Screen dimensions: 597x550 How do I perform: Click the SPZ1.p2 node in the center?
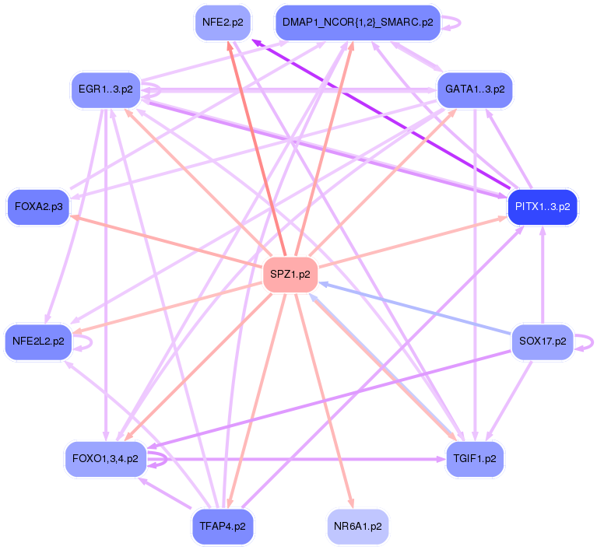coord(290,274)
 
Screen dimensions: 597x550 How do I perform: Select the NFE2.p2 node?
coord(222,23)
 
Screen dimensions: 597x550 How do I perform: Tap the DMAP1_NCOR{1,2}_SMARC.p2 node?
coord(357,23)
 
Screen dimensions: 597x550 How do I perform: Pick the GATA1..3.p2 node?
coord(475,89)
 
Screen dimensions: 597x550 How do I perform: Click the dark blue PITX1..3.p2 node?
coord(543,207)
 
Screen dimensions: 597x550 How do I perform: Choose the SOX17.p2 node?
coord(542,341)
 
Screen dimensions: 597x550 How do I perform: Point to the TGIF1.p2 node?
coord(474,458)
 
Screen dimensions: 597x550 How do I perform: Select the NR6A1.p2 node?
coord(357,526)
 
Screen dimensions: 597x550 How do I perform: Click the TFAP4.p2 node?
coord(223,526)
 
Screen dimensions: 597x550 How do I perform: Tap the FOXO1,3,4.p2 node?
coord(105,458)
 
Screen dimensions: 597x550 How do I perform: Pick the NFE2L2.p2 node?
coord(38,341)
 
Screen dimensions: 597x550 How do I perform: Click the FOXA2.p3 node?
coord(38,207)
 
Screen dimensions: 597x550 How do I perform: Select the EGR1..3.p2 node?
coord(105,89)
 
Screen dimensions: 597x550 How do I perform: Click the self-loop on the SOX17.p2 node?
coord(585,341)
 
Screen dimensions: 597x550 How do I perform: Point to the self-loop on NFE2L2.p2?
coord(84,341)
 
